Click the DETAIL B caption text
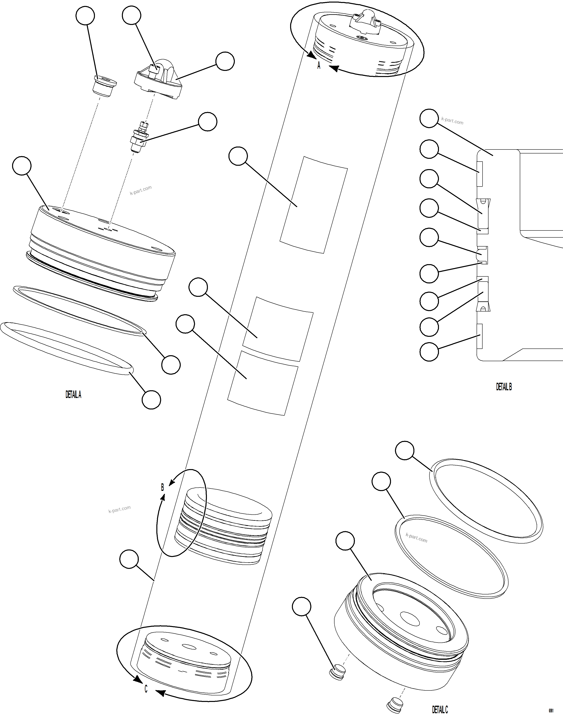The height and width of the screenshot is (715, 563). [504, 387]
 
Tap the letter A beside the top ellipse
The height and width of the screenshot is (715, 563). [319, 66]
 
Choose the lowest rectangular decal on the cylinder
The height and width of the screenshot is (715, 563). [263, 383]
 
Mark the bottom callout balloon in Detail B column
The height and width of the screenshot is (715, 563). [429, 352]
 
